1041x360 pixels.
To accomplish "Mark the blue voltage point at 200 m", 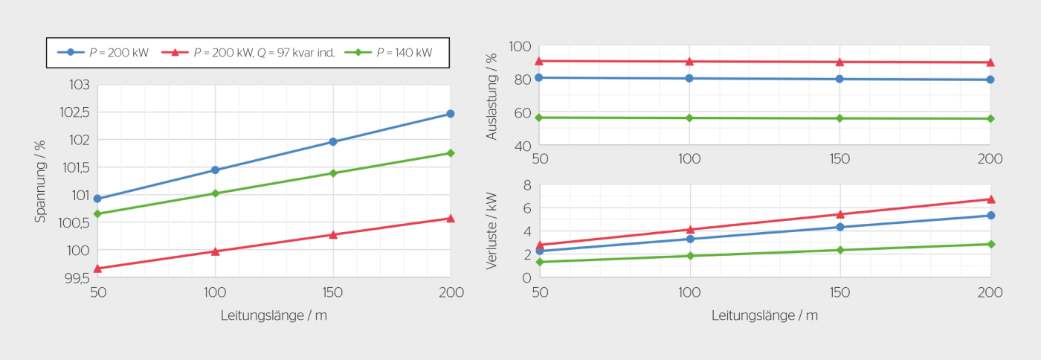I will [x=450, y=114].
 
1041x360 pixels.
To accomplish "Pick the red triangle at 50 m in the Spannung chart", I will [x=97, y=269].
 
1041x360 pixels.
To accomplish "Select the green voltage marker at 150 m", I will [x=333, y=173].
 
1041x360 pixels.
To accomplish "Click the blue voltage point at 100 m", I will [x=215, y=170].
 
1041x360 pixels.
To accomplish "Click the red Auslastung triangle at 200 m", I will [x=990, y=62].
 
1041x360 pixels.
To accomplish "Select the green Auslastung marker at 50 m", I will [x=539, y=118].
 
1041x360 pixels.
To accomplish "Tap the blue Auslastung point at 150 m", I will [x=839, y=79].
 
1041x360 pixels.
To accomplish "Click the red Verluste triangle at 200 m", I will [x=990, y=199].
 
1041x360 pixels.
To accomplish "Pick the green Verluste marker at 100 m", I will [x=690, y=256].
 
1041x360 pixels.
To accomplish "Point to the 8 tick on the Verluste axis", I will [x=526, y=185].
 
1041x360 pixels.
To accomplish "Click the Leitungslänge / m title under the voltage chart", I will [x=274, y=315].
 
